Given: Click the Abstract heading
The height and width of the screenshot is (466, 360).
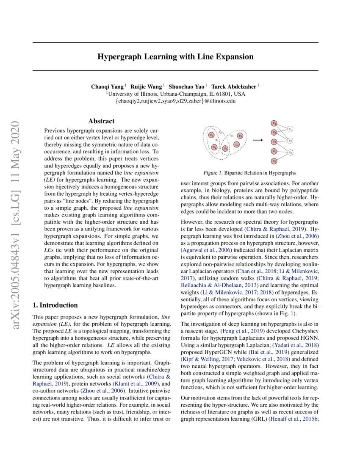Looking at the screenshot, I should tap(101, 121).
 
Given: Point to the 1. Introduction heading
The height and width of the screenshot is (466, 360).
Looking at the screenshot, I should tap(55, 305).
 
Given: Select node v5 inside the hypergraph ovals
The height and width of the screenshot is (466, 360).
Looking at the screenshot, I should tap(240, 136).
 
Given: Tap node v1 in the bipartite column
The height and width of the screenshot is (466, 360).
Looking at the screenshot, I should tap(274, 123).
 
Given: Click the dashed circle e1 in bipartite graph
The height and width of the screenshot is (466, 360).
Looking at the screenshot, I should tap(290, 129).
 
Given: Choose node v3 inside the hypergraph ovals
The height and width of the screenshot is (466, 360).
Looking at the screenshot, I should tap(225, 149).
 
